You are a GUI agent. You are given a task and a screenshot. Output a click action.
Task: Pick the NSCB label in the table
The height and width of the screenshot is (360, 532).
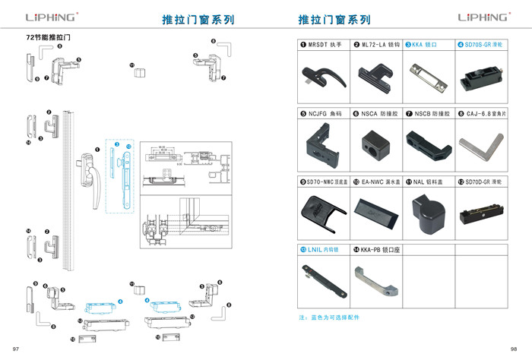pyautogui.click(x=432, y=114)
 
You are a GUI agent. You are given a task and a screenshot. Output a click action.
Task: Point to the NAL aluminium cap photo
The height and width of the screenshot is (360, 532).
pyautogui.click(x=428, y=210)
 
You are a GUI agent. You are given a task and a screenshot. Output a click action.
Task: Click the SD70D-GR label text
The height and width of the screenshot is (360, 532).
pyautogui.click(x=486, y=182)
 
